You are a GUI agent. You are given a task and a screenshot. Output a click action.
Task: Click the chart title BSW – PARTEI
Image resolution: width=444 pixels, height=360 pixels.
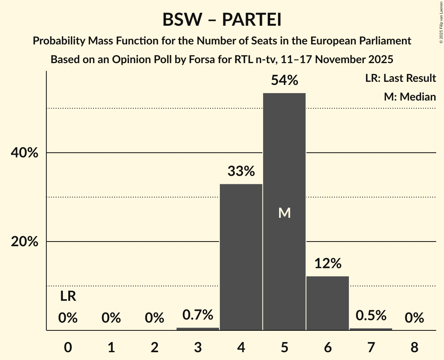pos(222,20)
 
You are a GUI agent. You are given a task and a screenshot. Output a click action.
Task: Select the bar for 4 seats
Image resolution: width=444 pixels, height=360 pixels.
pos(241,257)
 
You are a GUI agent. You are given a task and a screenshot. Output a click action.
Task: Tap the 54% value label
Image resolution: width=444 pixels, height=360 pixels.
pos(284,81)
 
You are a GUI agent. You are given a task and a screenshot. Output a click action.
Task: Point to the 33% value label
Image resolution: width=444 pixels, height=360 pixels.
pos(241,171)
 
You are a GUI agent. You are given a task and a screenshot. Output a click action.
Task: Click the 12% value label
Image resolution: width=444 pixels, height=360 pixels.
pos(327,264)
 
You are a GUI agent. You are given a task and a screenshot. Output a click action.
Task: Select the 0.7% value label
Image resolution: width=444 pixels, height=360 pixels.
pos(198,314)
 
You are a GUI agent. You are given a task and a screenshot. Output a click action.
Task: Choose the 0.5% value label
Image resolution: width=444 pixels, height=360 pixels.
pos(371,315)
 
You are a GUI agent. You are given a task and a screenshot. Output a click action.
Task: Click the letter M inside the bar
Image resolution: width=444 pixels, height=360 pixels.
pos(285,213)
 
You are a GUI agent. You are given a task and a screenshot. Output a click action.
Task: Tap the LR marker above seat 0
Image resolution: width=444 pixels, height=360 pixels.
pos(68,296)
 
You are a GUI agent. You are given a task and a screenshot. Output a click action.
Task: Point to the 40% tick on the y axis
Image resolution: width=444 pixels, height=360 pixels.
pos(25,153)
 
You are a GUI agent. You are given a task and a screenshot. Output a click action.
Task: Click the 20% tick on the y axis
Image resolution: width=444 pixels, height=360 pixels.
pos(25,242)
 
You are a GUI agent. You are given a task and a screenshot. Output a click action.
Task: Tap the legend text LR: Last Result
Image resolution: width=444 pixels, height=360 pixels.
pos(400,78)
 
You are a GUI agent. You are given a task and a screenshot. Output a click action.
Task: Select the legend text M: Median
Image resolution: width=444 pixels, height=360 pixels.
pos(410,97)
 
